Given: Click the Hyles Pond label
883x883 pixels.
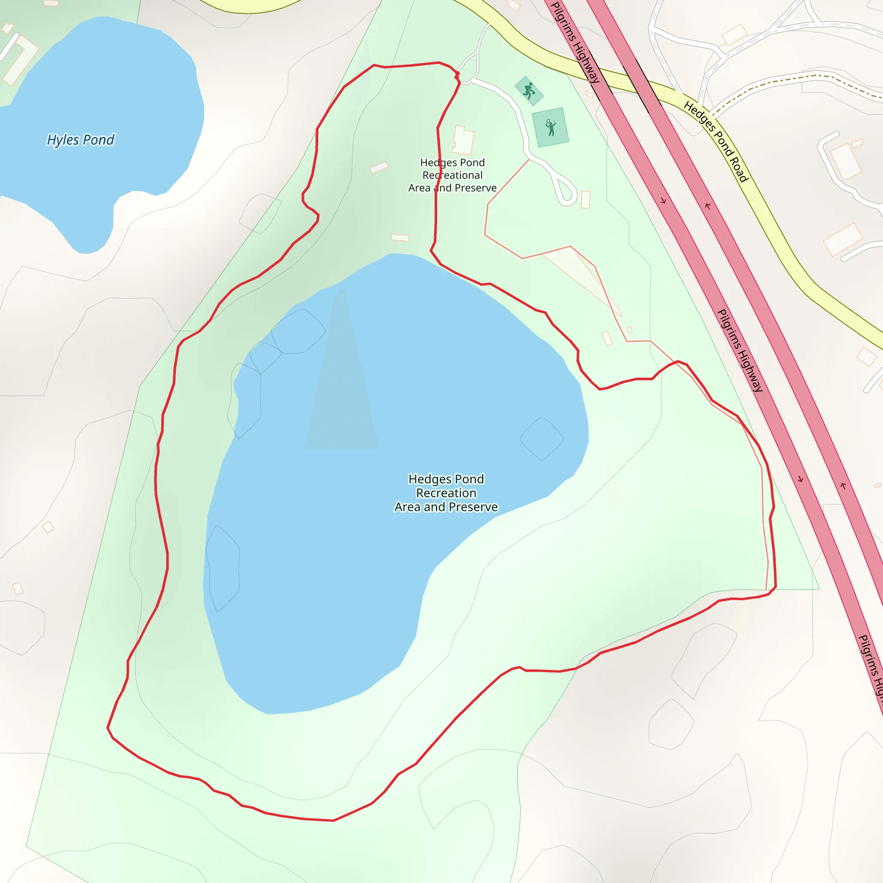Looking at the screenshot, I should click(81, 140).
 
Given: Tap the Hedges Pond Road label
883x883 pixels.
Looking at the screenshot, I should click(716, 142).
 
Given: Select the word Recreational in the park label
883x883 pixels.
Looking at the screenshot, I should click(452, 175).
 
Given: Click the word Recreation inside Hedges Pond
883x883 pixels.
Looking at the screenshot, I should click(446, 493).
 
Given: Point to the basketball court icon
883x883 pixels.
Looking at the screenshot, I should click(529, 91).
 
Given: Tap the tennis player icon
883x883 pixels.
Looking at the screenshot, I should click(551, 128).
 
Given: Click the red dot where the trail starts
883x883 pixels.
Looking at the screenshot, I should click(457, 74).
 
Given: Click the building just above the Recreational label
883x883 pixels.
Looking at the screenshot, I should click(463, 140).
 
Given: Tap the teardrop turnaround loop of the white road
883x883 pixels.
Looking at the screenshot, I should click(567, 191).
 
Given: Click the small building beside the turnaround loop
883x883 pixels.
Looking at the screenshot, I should click(586, 200).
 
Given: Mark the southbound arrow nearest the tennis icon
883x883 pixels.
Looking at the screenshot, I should click(663, 200).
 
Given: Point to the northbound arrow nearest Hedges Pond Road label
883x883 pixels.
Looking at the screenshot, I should click(708, 207).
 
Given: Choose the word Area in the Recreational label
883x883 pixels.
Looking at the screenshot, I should click(419, 188).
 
